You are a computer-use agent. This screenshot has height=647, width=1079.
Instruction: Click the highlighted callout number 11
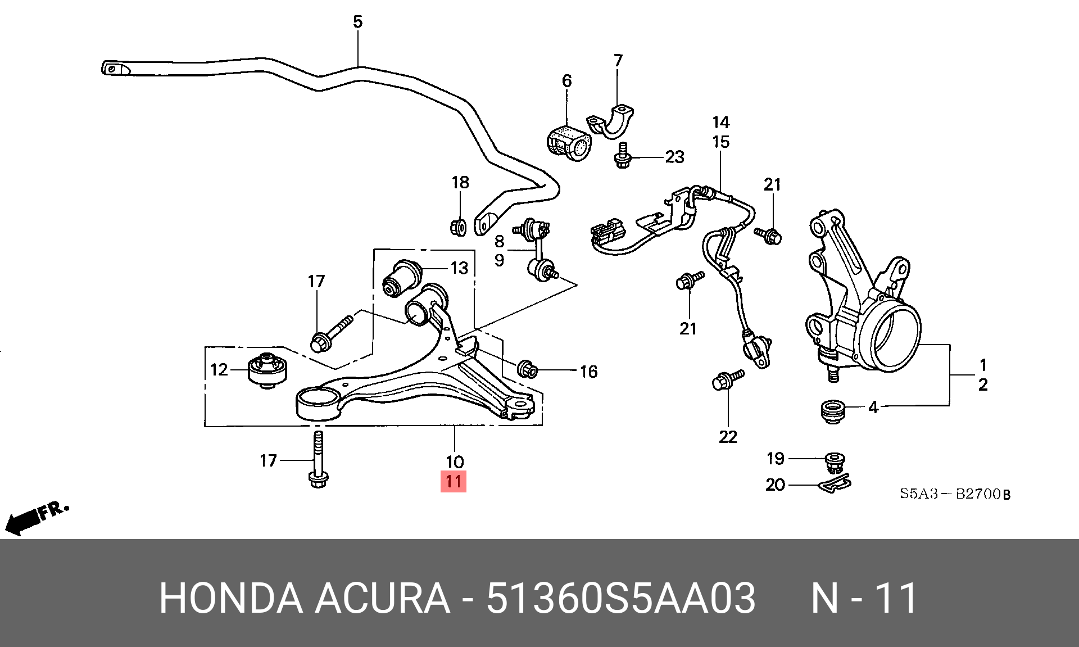(x=454, y=482)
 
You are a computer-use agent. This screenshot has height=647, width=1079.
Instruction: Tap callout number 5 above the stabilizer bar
(x=358, y=22)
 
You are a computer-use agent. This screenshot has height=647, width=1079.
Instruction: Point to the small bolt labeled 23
(x=622, y=155)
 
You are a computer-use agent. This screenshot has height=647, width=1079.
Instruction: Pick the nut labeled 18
(x=458, y=227)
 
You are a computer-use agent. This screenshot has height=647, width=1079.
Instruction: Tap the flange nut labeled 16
(x=528, y=369)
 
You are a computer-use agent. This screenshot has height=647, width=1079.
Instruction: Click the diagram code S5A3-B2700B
(x=955, y=494)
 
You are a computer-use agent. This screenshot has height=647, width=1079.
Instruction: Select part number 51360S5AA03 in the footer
(x=620, y=598)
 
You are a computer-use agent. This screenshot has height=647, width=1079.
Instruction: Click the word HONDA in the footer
(x=230, y=598)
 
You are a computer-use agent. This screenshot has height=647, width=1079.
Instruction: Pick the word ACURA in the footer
(x=382, y=598)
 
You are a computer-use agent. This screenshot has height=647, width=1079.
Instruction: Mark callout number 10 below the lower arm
(x=454, y=462)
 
